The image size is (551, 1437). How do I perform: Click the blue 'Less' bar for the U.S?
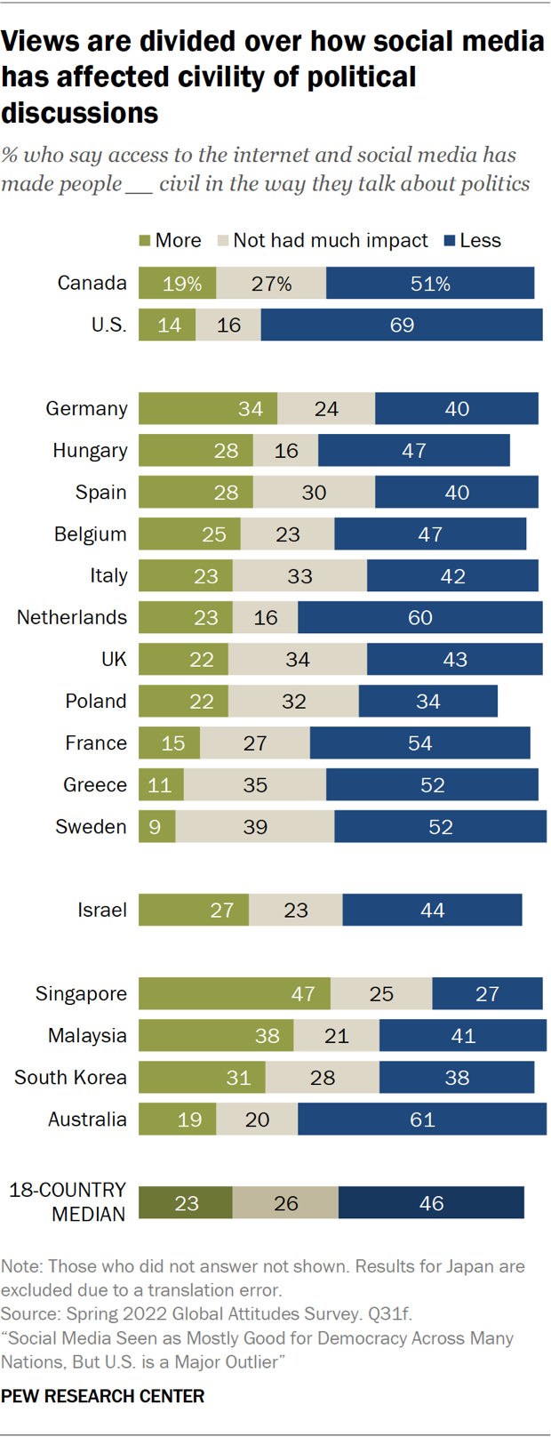402,325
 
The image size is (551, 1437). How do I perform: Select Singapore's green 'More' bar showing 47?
235,993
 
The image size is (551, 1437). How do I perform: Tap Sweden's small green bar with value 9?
156,827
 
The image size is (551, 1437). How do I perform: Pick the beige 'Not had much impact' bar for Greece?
255,785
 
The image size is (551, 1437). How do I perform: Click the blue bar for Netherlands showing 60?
419,618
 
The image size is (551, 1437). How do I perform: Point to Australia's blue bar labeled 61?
422,1120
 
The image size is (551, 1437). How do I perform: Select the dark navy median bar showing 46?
431,1203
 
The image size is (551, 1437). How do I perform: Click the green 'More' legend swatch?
145,241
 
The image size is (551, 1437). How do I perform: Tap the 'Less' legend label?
480,241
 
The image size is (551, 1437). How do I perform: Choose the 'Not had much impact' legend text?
330,241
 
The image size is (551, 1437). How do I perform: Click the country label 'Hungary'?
90,451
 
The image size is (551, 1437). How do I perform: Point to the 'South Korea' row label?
70,1078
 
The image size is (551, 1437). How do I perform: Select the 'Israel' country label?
102,911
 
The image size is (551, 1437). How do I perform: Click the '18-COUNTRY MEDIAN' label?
68,1202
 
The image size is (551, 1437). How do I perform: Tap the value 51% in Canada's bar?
430,284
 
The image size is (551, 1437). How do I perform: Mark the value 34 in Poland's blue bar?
428,702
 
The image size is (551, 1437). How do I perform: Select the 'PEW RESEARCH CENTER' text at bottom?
102,1396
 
